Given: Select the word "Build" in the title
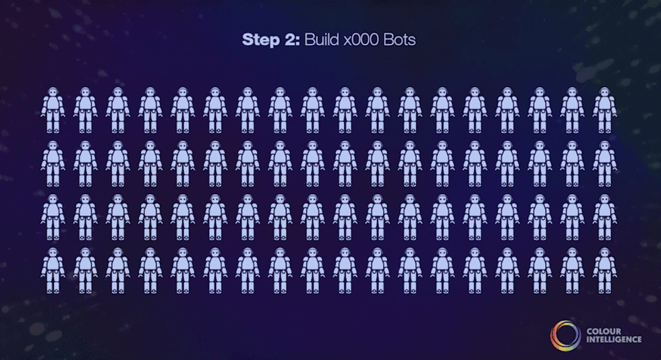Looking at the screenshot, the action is pos(322,40).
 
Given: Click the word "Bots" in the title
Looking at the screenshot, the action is pos(399,40).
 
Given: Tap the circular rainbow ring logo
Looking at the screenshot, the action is pos(565,336).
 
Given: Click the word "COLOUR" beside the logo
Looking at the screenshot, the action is pos(604,331).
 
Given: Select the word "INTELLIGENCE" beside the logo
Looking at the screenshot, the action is pos(614,339).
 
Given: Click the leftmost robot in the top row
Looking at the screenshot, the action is pos(53,110).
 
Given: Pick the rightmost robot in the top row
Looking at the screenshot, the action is pos(604,110).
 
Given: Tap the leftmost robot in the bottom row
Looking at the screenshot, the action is pos(53,270).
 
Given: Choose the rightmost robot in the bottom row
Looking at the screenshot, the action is pos(604,270).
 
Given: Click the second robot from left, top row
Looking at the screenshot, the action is pos(85,110).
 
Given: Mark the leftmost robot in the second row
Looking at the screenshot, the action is pos(53,164).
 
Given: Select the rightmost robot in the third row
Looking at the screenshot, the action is pos(604,217).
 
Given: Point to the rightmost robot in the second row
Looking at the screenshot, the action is pos(604,164).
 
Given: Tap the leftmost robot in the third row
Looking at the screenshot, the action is pos(53,217).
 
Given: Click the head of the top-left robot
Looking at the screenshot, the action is pos(53,92).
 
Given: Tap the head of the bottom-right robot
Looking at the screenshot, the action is pos(604,253).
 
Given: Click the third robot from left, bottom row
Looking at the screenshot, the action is pos(117,270).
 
